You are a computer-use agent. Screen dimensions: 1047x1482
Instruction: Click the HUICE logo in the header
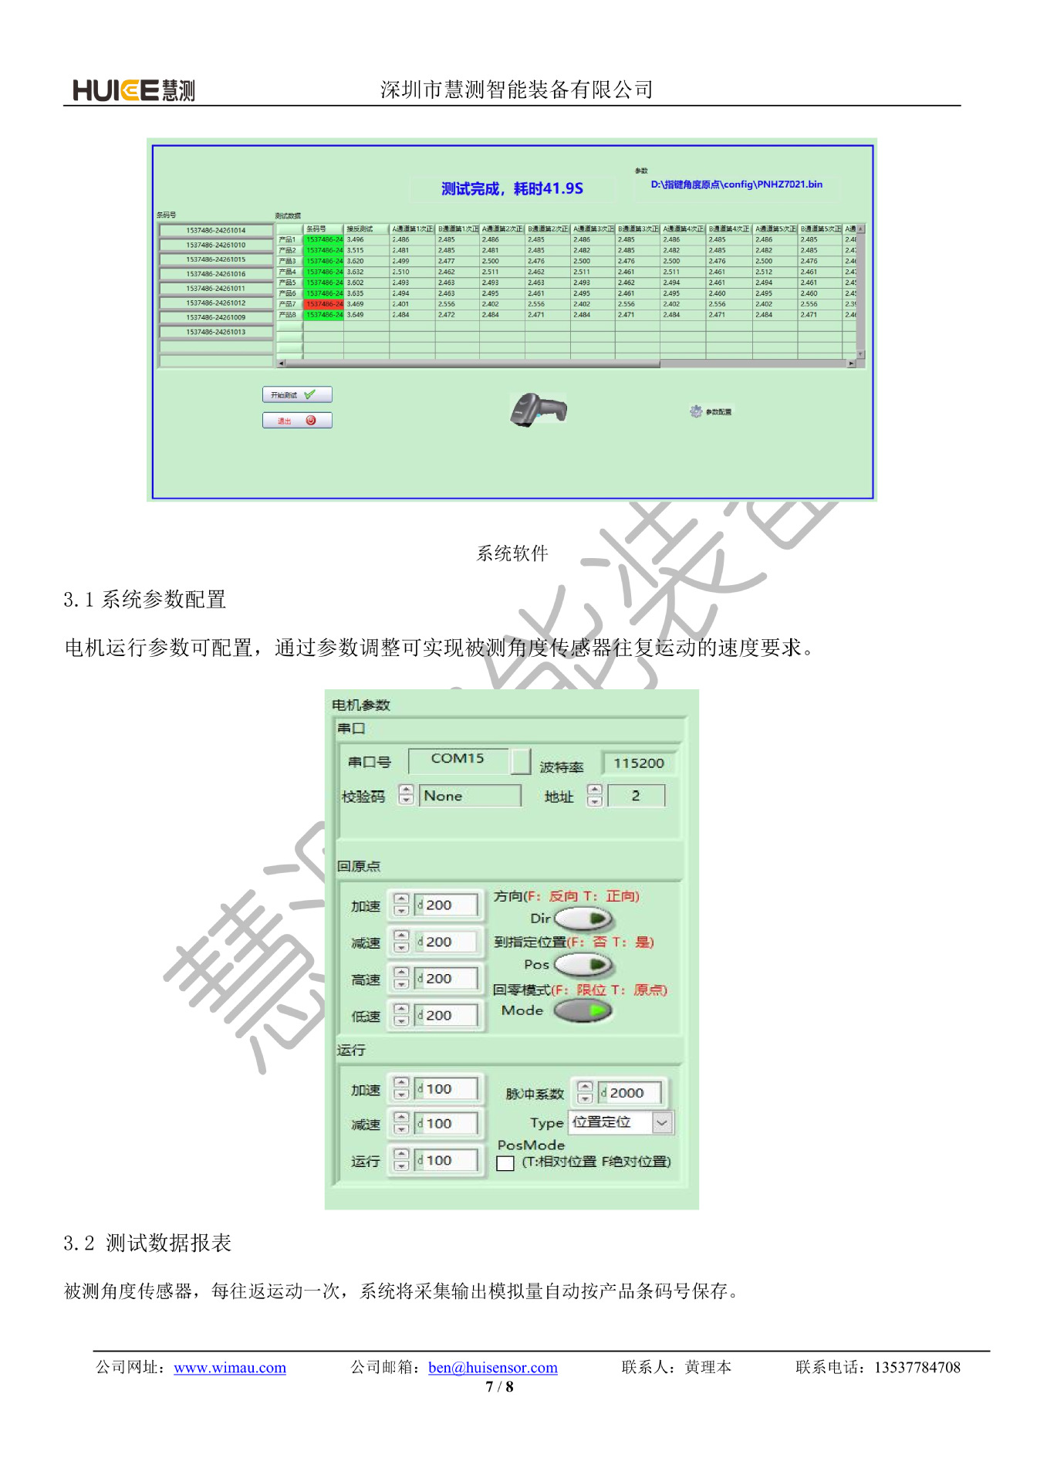click(133, 90)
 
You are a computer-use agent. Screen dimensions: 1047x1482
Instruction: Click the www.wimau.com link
click(229, 1367)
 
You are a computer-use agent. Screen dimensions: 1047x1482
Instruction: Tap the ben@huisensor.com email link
click(492, 1367)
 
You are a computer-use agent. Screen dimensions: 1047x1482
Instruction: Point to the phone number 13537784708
click(917, 1367)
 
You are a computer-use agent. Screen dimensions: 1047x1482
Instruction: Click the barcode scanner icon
click(538, 408)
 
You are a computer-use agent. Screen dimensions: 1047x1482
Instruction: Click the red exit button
click(297, 421)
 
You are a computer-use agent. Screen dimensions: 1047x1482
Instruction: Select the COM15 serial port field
click(458, 759)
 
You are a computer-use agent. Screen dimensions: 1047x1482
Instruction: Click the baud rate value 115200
click(638, 763)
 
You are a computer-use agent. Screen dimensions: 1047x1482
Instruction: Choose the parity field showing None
click(469, 796)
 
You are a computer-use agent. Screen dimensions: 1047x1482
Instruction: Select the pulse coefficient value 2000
click(629, 1093)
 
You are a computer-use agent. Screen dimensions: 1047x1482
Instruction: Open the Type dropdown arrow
click(662, 1123)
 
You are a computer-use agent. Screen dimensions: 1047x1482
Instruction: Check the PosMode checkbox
click(505, 1162)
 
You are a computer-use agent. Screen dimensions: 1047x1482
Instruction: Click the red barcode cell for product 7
click(323, 304)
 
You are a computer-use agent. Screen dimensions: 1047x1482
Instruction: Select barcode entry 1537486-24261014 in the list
click(215, 230)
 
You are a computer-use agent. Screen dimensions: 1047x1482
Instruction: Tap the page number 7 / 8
click(499, 1386)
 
